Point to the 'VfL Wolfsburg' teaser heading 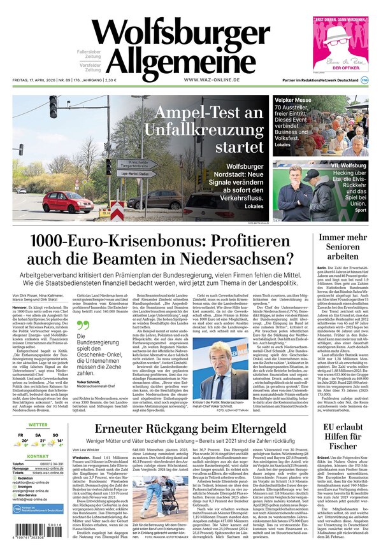point(348,165)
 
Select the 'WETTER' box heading point(38,425)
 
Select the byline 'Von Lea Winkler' point(87,449)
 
